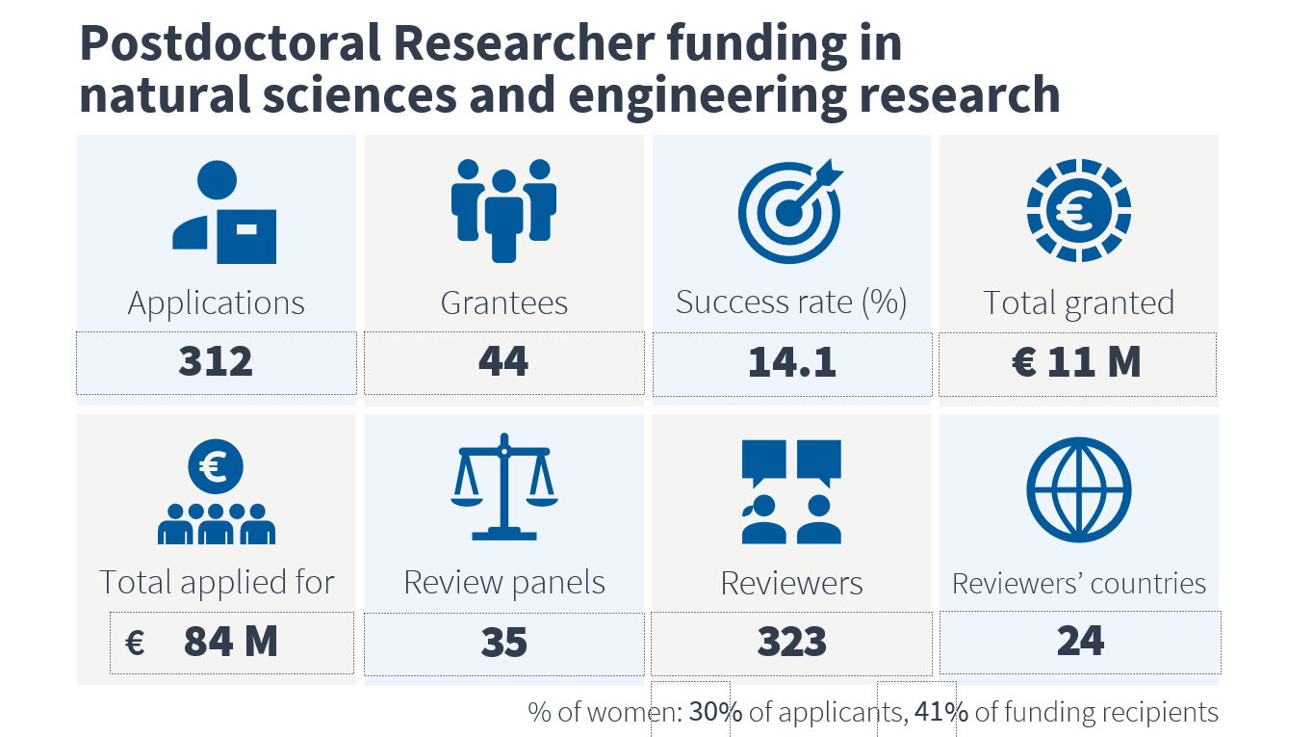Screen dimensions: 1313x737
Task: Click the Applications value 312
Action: point(216,361)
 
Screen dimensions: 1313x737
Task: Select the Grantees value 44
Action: point(503,361)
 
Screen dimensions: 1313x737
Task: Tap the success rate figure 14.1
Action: point(792,362)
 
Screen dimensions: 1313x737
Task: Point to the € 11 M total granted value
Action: point(1077,361)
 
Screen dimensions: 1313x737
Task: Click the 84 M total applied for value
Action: point(230,642)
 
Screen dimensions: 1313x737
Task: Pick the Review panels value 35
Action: point(504,642)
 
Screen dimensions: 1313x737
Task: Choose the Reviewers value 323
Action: point(792,642)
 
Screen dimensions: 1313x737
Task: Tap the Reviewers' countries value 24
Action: point(1080,641)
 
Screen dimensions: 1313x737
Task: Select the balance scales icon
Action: point(504,487)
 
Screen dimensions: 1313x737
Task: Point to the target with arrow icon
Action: point(790,211)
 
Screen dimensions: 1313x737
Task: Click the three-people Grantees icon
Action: point(504,211)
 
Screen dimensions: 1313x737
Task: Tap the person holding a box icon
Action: point(224,212)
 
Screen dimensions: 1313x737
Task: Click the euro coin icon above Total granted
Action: point(1079,210)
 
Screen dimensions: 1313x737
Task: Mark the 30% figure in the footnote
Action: point(716,712)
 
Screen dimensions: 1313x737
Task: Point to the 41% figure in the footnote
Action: point(941,712)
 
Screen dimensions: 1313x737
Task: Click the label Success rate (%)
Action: point(791,303)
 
